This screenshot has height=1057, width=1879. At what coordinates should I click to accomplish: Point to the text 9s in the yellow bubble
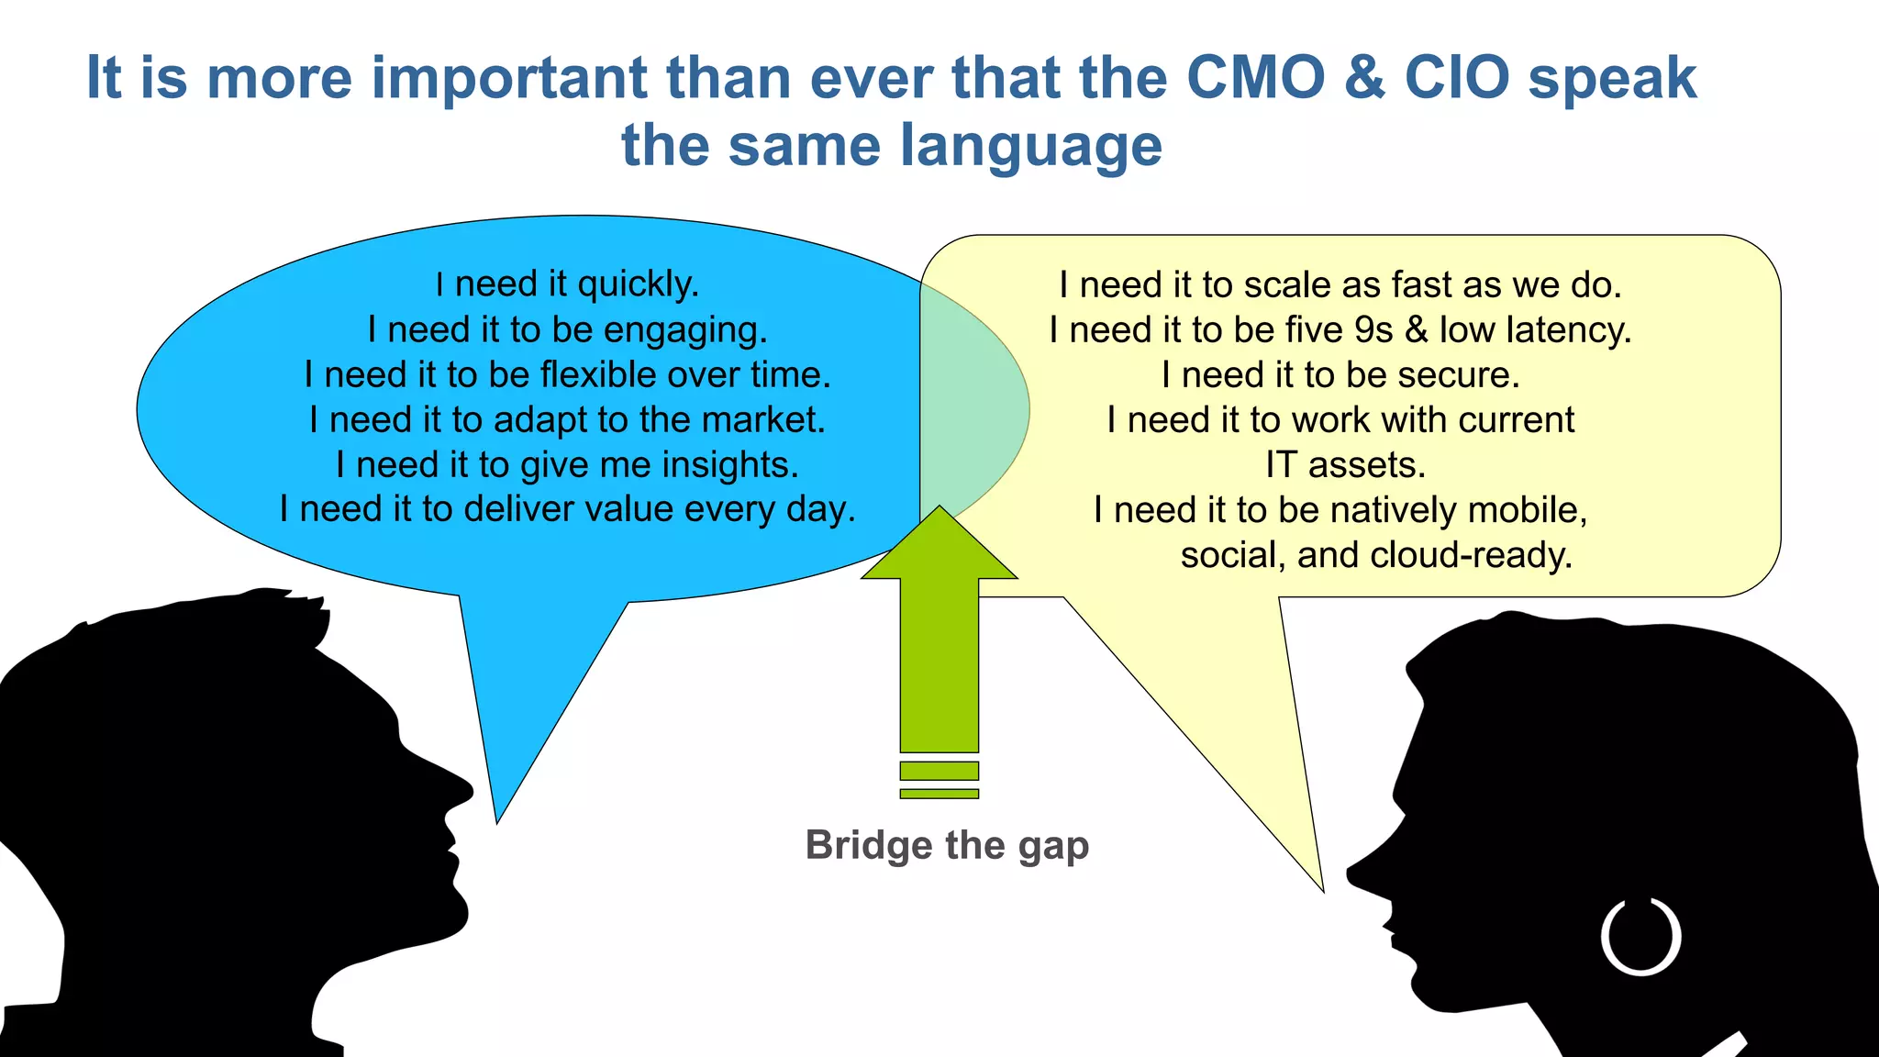pyautogui.click(x=1373, y=330)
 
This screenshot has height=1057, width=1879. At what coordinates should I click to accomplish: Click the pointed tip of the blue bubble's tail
pyautogui.click(x=497, y=819)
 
